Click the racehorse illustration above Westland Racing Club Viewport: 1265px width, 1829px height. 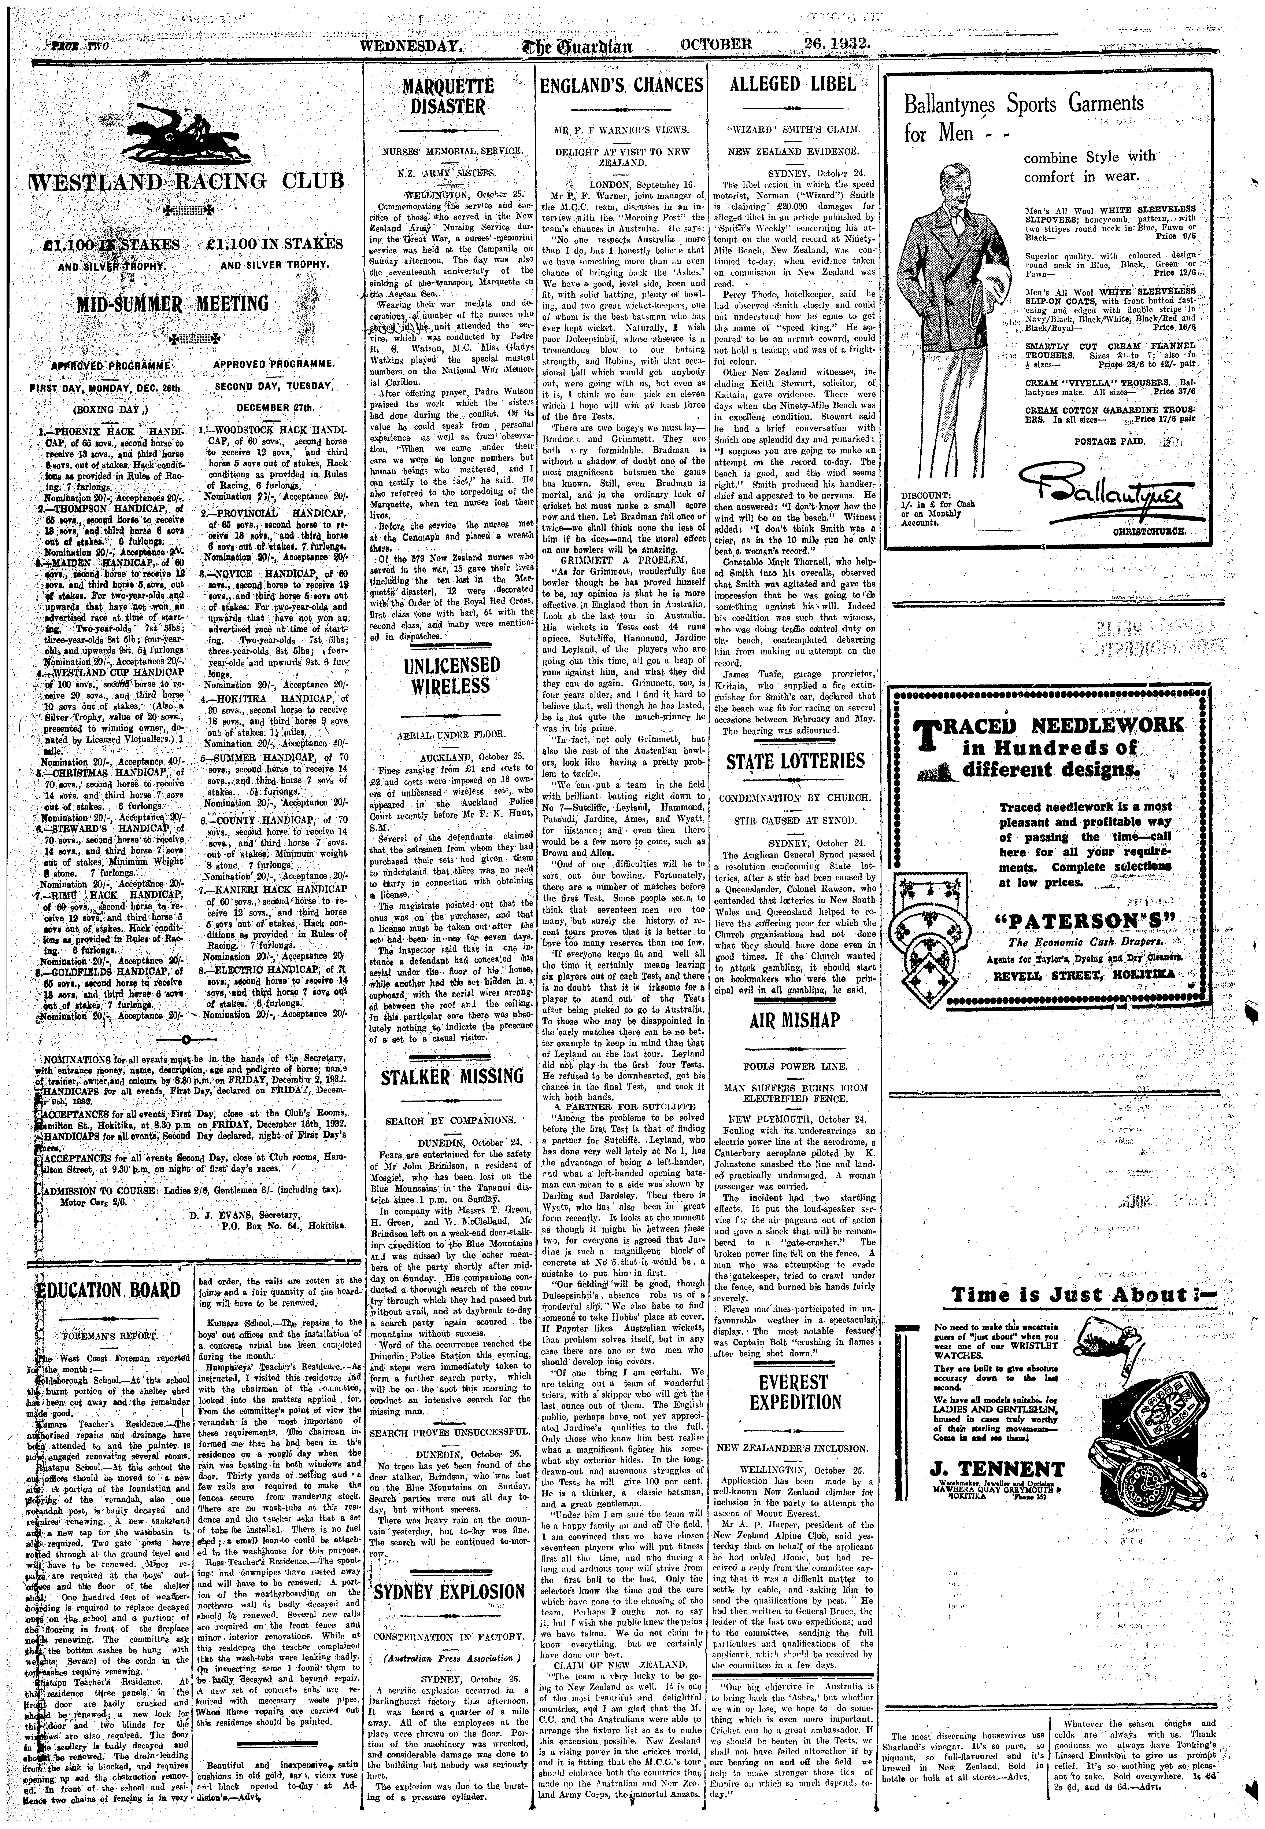pos(185,127)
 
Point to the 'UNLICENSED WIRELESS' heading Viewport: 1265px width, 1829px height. pos(451,675)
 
